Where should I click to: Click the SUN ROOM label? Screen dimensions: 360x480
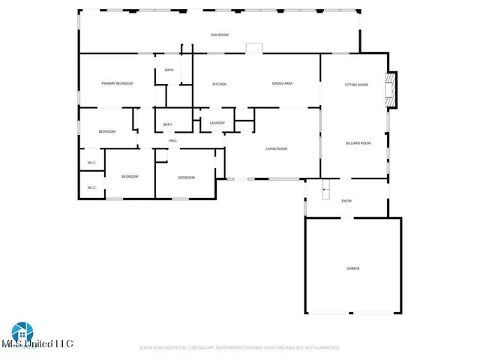[x=219, y=35]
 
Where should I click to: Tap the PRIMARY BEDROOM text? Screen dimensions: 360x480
[x=117, y=83]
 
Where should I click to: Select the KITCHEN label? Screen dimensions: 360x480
[x=219, y=84]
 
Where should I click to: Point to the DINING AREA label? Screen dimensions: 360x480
[x=282, y=83]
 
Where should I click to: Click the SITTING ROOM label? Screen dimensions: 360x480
[x=356, y=85]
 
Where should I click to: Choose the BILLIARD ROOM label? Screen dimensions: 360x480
[x=358, y=142]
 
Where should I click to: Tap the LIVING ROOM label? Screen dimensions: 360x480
[x=277, y=148]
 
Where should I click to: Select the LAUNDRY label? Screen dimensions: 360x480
[x=217, y=123]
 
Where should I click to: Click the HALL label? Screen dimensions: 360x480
[x=172, y=141]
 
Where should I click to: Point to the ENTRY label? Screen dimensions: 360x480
[x=346, y=201]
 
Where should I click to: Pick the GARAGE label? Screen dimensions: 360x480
[x=352, y=268]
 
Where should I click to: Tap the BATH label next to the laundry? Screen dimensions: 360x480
[x=167, y=124]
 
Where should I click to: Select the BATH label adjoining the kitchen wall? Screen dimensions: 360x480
[x=169, y=70]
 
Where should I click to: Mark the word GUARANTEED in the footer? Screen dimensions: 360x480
[x=323, y=348]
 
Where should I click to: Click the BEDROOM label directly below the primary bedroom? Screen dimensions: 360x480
[x=107, y=132]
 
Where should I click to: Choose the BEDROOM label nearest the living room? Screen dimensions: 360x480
[x=186, y=178]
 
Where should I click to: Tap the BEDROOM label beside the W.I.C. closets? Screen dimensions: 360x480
[x=130, y=176]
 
